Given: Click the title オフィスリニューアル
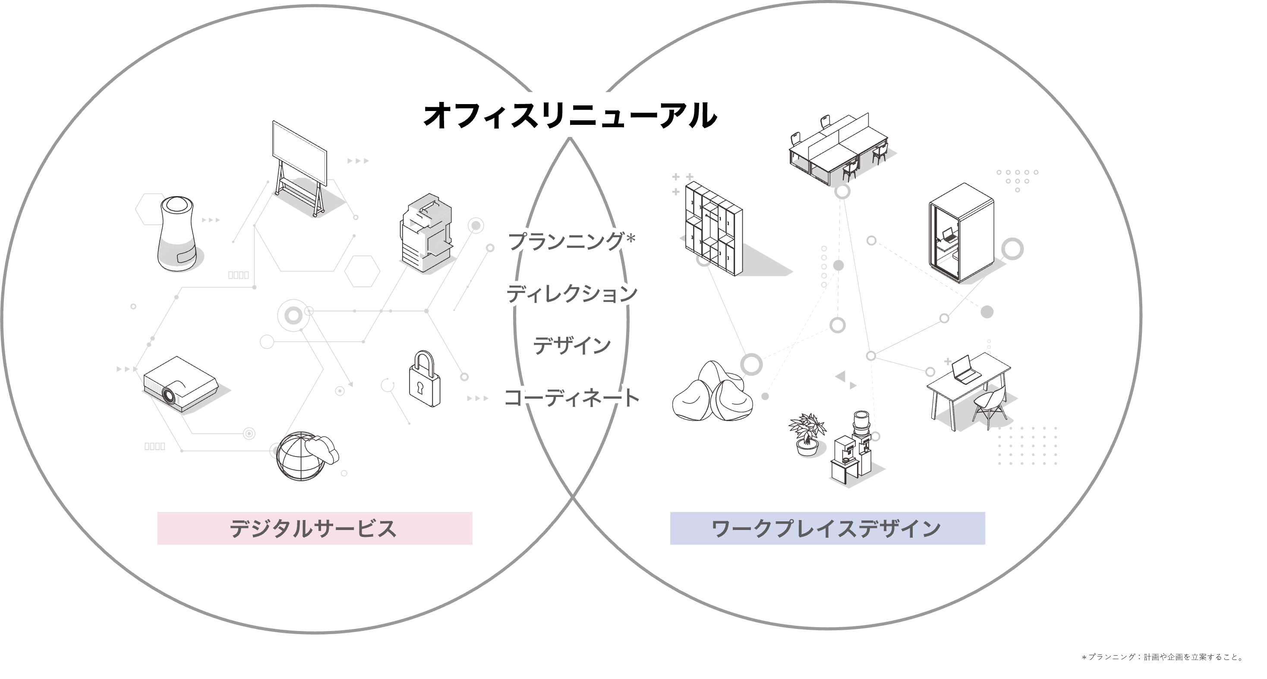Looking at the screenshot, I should pos(570,115).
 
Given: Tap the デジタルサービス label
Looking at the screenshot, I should pos(314,528).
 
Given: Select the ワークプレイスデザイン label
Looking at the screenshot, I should pos(827,528).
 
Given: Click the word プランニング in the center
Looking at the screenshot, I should pos(566,241).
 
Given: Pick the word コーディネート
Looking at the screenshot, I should pos(570,397).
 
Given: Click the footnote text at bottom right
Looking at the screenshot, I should pos(1162,657).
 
